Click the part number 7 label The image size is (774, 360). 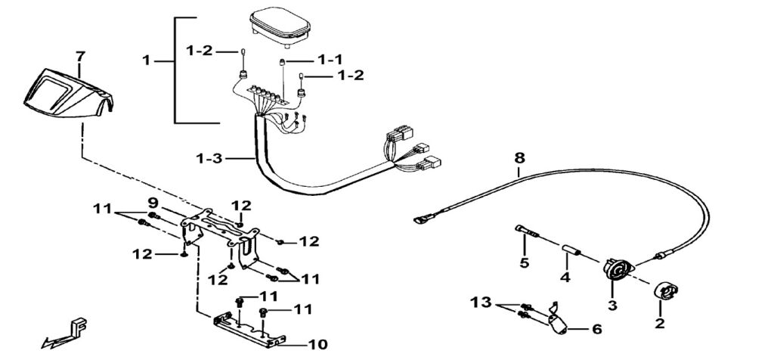(x=80, y=55)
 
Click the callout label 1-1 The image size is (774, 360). (x=329, y=59)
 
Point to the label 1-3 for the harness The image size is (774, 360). (x=209, y=159)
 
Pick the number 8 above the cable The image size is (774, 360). (x=519, y=159)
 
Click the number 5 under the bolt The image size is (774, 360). (x=525, y=263)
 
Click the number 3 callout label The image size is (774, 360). (x=612, y=305)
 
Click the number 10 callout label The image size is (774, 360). (x=317, y=344)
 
